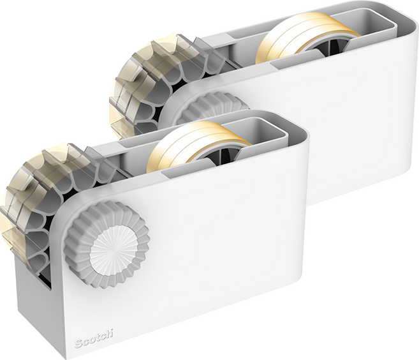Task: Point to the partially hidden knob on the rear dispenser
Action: pyautogui.click(x=214, y=107)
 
